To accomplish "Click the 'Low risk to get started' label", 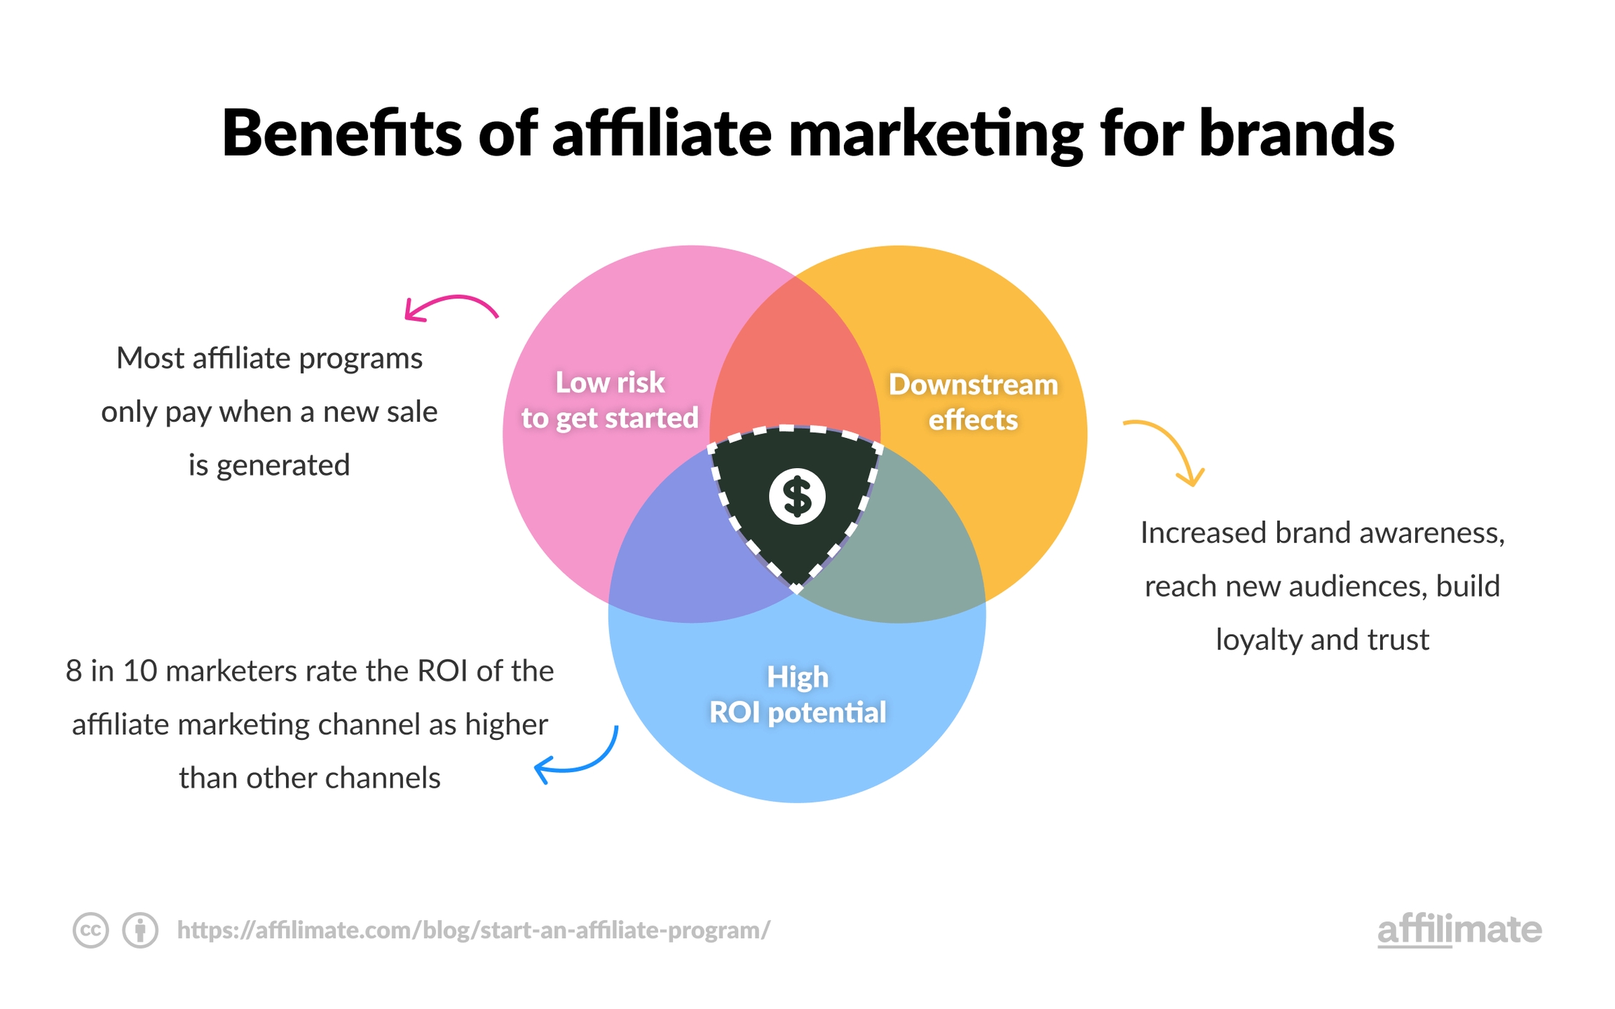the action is pos(610,400).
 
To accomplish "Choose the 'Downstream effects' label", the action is pos(973,402).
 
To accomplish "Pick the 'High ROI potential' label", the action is pos(798,694).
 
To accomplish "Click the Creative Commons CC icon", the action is pos(90,931).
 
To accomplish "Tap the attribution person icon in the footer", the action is pos(140,931).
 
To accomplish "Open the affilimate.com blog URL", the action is pos(474,931).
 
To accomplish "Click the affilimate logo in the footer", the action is pos(1459,930).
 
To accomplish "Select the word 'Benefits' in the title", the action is pos(342,132).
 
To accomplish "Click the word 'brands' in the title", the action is pos(1297,132).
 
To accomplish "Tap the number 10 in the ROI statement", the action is pos(140,671).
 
